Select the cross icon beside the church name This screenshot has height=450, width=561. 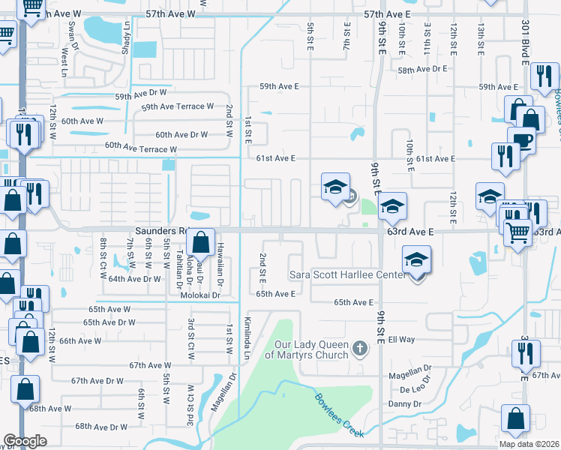pos(361,348)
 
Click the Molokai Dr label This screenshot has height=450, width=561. pos(199,295)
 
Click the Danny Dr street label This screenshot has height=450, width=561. pos(405,404)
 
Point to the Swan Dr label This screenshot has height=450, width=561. pos(73,34)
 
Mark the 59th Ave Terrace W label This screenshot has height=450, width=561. pos(178,106)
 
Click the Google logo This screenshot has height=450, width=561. pos(25,440)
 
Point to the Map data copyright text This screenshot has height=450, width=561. pos(529,444)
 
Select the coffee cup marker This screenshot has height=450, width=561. pos(521,140)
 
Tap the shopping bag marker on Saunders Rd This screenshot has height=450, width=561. pos(200,242)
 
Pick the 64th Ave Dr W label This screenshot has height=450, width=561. pos(135,279)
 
